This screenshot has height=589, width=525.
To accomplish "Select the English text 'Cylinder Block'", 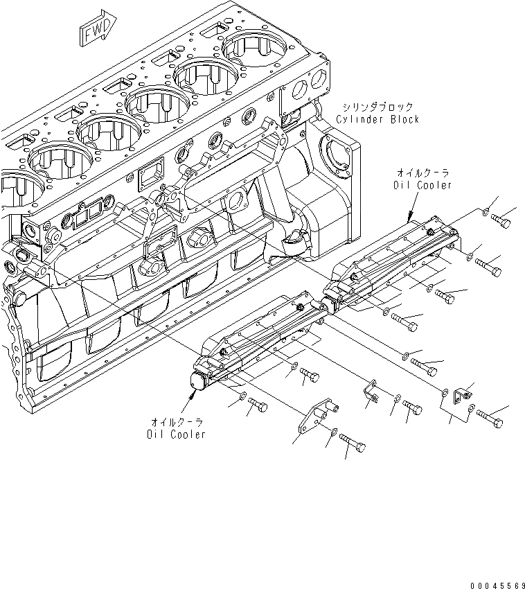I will click(377, 119).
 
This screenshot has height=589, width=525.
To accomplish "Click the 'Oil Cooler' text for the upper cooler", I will click(422, 184).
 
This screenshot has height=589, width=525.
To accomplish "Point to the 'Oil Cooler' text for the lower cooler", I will click(176, 434).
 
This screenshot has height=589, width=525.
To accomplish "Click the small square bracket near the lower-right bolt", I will click(459, 396).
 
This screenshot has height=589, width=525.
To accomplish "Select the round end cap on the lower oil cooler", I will click(200, 380).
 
